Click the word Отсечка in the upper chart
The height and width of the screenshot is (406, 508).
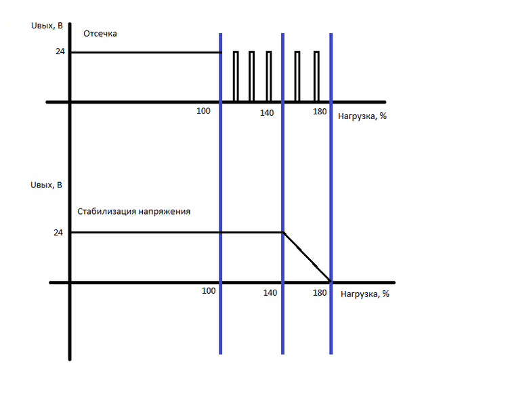(100, 34)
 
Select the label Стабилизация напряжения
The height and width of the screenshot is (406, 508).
(134, 212)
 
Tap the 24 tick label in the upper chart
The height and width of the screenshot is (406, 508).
(60, 51)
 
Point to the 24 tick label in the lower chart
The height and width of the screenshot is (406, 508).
(58, 233)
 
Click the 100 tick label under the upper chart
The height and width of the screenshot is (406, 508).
(203, 111)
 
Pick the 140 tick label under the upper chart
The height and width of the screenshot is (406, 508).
(267, 113)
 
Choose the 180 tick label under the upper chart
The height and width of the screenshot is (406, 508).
(320, 112)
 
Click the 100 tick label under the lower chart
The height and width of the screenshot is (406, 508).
(209, 291)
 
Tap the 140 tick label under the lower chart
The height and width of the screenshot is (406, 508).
(270, 293)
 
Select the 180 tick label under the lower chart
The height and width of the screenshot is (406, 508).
(320, 293)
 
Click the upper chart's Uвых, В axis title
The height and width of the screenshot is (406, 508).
(47, 26)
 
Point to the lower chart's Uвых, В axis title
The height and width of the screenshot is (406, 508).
(46, 185)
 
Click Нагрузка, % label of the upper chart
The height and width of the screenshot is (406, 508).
(362, 116)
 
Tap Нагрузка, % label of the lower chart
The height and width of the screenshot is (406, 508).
(365, 294)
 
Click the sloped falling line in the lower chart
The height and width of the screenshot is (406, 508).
(307, 256)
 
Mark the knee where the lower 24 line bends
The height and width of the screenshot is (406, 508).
(284, 233)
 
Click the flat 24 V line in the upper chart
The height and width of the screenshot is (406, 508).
(146, 52)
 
